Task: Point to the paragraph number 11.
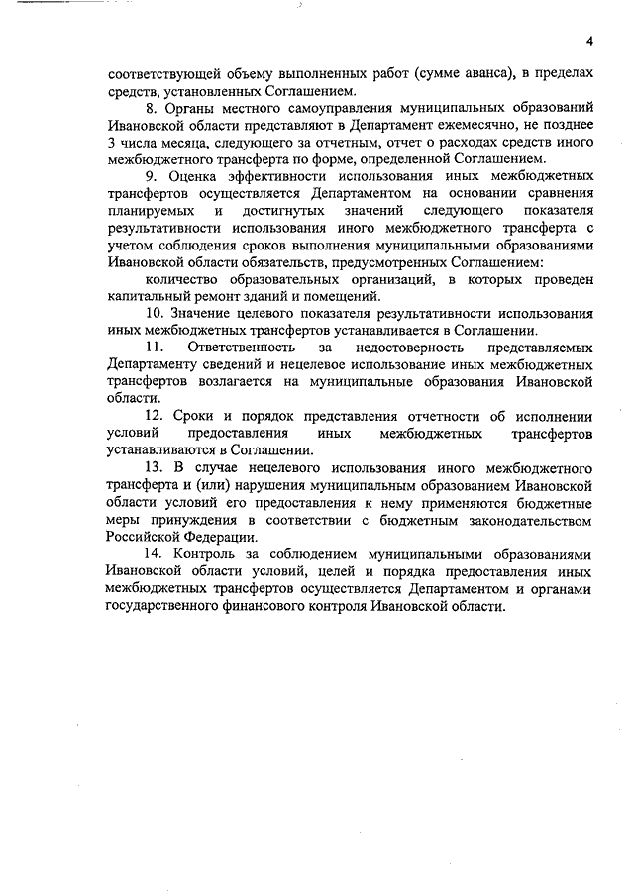coord(153,348)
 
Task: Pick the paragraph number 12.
coord(153,416)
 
